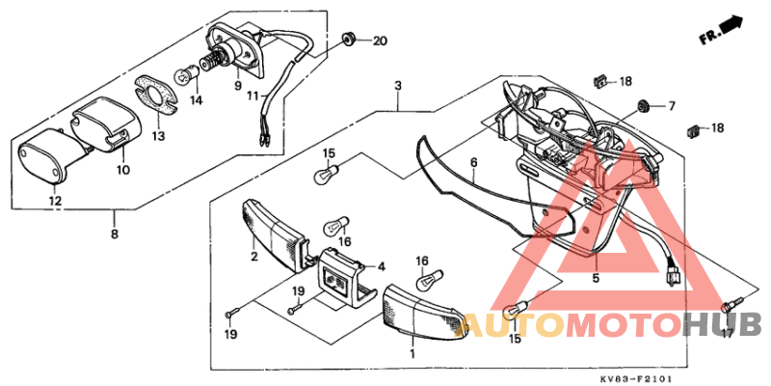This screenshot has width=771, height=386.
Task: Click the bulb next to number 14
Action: tap(182, 74)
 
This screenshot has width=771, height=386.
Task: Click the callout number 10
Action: tap(122, 170)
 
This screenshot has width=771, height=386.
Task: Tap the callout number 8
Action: tap(114, 234)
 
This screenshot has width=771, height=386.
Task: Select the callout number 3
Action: tap(397, 86)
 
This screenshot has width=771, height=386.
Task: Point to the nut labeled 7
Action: tap(642, 104)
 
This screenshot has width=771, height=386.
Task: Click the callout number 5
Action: tap(595, 278)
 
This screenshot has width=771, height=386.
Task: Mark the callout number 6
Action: tap(474, 165)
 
